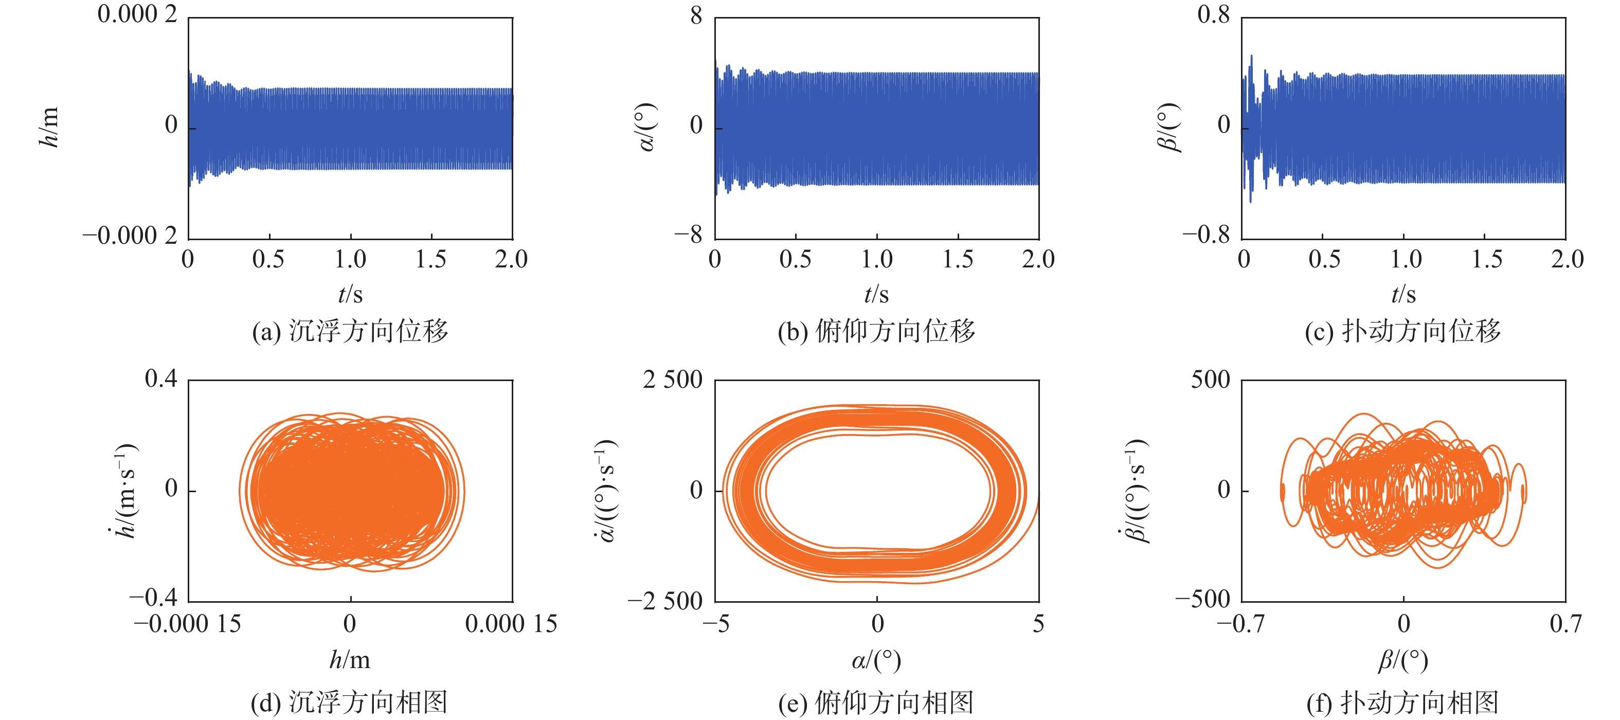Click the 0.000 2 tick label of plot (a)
tap(137, 14)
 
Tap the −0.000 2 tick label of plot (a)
tap(130, 236)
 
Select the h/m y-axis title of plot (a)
tap(48, 127)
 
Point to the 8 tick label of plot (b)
tap(695, 15)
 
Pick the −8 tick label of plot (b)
tap(688, 236)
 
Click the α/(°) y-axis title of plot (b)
tap(647, 127)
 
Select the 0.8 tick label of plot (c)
tap(1213, 14)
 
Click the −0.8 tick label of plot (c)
tap(1206, 236)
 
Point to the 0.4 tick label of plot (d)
tap(161, 379)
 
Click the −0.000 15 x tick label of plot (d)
tap(187, 624)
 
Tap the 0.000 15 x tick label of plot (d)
tap(511, 624)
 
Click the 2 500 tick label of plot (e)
tap(672, 380)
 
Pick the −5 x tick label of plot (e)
tap(716, 624)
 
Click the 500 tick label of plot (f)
tap(1210, 380)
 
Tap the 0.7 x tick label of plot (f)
tap(1565, 624)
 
